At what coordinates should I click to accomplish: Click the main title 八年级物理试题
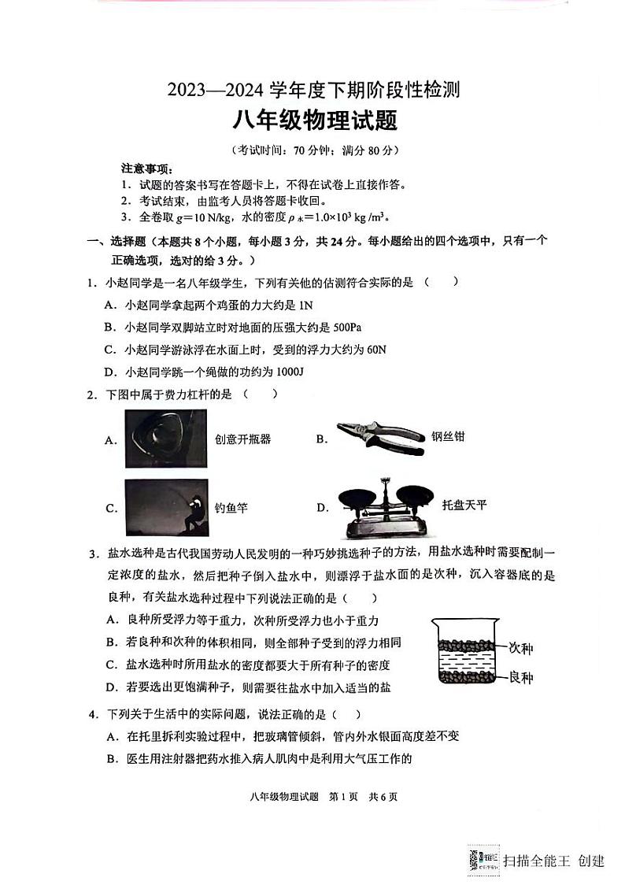click(312, 120)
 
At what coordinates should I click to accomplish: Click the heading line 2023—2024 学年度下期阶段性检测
click(312, 90)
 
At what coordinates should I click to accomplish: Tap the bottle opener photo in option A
click(166, 439)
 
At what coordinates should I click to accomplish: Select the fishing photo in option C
click(166, 508)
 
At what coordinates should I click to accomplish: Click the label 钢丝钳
click(448, 435)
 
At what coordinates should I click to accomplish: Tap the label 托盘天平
click(464, 505)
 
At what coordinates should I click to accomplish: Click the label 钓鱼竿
click(231, 508)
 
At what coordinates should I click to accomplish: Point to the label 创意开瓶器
click(242, 439)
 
